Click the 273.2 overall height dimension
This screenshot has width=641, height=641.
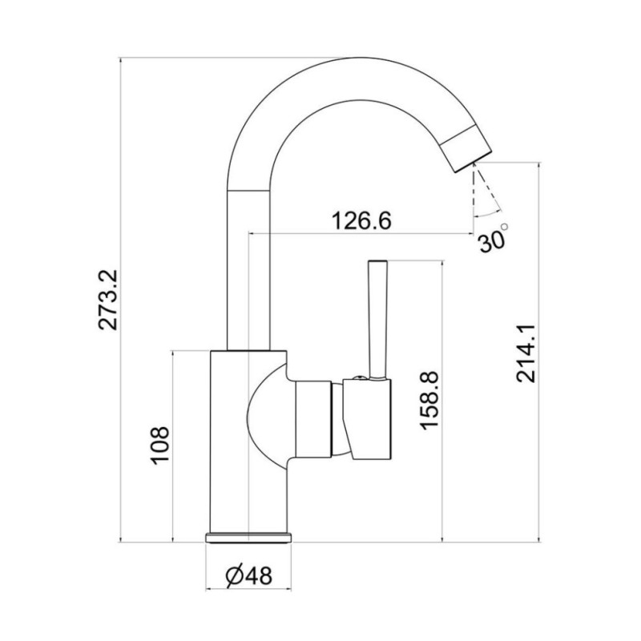(107, 300)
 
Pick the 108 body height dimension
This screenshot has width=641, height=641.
(159, 445)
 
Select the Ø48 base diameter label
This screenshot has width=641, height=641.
(249, 574)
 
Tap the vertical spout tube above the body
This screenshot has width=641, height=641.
(249, 264)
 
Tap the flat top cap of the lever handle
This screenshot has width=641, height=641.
(377, 263)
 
